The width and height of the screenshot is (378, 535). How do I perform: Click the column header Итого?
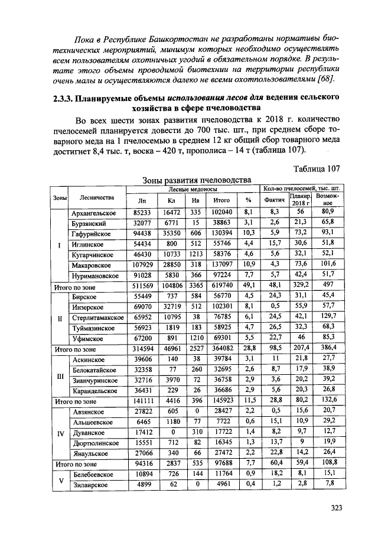click(x=221, y=200)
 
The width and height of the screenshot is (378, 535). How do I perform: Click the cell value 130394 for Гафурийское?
click(x=221, y=234)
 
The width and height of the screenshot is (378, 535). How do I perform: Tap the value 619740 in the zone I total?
click(x=221, y=284)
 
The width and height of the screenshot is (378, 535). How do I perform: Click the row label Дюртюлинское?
click(x=94, y=442)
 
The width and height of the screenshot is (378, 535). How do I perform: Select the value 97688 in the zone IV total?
click(x=221, y=463)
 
